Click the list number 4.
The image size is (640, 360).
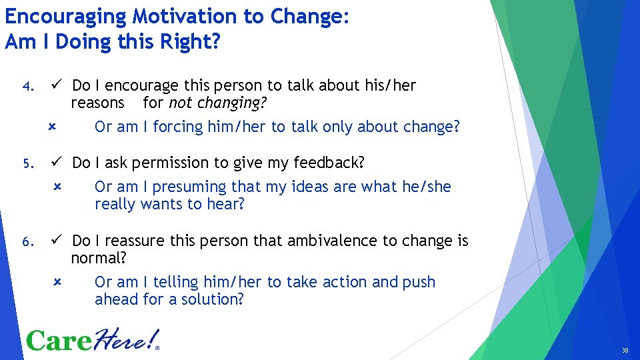(27, 87)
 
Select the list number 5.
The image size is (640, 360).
(27, 163)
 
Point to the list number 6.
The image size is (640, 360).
(27, 241)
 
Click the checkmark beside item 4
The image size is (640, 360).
(58, 85)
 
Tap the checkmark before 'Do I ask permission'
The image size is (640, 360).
(58, 162)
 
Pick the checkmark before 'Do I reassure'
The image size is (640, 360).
(58, 240)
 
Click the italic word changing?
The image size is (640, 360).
(232, 103)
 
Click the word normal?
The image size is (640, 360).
(99, 258)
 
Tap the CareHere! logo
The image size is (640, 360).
(93, 340)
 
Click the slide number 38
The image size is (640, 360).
(625, 351)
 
